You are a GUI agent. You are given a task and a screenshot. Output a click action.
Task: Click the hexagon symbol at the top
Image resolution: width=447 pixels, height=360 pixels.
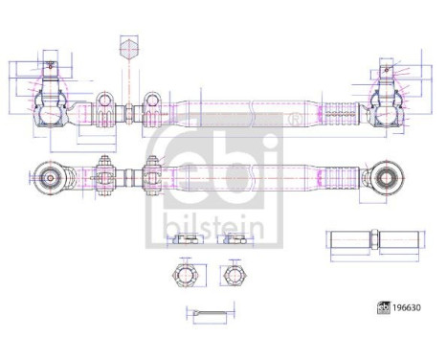[x=130, y=48]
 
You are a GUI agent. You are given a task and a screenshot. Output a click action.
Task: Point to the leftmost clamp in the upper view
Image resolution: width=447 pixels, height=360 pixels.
[x=104, y=111]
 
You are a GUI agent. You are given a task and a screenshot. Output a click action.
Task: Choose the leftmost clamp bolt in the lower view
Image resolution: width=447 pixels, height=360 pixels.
[x=108, y=177]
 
